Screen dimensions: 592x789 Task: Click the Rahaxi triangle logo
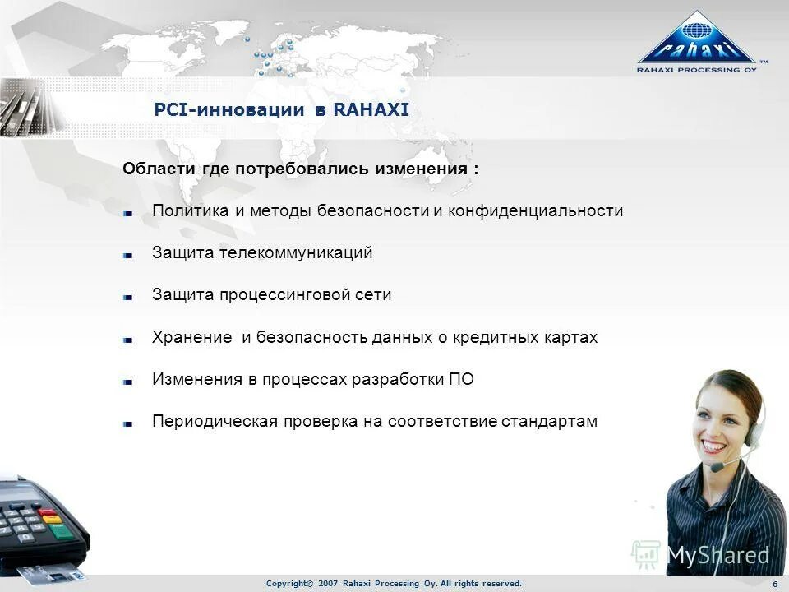pos(697,39)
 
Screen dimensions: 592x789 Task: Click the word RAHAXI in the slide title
pos(371,110)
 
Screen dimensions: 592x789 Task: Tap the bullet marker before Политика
pos(128,212)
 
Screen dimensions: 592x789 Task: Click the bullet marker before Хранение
pos(128,339)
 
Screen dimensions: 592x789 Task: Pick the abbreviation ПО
pos(461,380)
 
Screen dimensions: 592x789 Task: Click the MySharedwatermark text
pos(717,555)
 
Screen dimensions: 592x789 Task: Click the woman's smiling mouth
pos(713,445)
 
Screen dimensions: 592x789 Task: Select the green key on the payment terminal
pos(60,531)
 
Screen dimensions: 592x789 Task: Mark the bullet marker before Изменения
pos(128,382)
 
